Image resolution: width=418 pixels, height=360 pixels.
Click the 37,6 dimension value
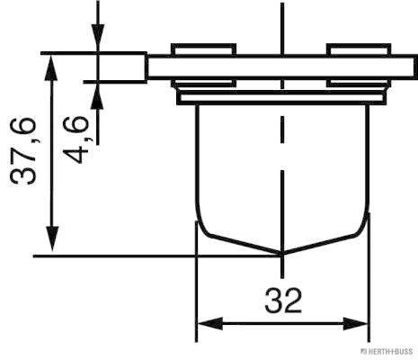coord(23,151)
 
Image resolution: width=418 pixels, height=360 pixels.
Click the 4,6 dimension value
coord(76,139)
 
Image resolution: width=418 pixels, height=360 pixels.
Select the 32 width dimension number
coord(283,301)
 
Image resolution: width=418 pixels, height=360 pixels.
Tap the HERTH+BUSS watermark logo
coord(387,351)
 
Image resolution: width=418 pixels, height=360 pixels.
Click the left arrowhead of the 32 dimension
coord(209,324)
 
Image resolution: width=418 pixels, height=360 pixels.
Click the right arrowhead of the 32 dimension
coord(355,324)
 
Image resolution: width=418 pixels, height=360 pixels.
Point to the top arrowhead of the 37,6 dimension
coord(51,67)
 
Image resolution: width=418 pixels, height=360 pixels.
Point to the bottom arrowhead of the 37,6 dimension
coord(53,238)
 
